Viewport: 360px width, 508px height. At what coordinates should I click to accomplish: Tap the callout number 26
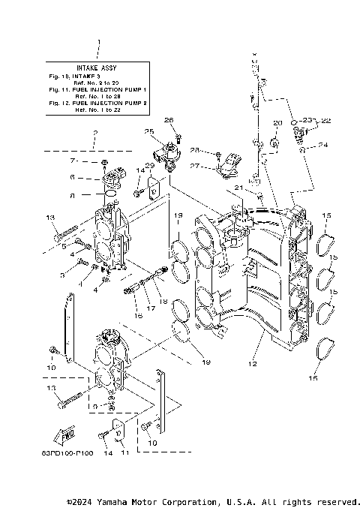(169, 120)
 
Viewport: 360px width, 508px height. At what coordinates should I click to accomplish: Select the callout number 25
(149, 131)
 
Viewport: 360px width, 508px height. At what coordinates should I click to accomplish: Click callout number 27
(194, 167)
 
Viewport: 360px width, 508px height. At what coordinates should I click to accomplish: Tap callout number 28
(194, 150)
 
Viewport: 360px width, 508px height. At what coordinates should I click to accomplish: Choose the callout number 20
(276, 122)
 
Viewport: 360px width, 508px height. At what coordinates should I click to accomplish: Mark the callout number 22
(326, 120)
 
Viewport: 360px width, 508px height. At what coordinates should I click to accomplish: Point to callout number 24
(322, 145)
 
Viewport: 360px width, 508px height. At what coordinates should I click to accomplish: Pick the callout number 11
(125, 453)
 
